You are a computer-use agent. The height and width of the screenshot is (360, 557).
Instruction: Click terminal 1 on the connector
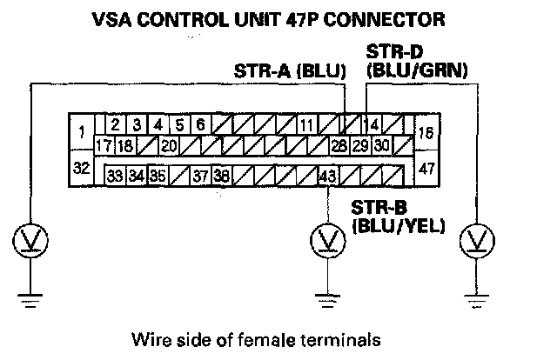80,133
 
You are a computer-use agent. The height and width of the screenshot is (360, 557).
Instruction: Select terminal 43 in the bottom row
327,176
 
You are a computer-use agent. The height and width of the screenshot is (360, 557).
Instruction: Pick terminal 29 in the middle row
361,146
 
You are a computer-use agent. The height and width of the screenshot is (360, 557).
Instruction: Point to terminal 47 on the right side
427,167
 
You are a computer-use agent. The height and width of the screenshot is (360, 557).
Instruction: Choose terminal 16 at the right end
427,134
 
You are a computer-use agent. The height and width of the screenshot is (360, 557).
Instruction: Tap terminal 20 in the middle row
170,146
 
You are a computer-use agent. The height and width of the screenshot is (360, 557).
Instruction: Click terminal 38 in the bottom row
221,176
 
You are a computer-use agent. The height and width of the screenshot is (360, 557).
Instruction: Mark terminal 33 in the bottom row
115,176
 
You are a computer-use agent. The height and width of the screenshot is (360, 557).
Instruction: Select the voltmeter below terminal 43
327,237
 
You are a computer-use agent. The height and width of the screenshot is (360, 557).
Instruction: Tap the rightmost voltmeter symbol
477,237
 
